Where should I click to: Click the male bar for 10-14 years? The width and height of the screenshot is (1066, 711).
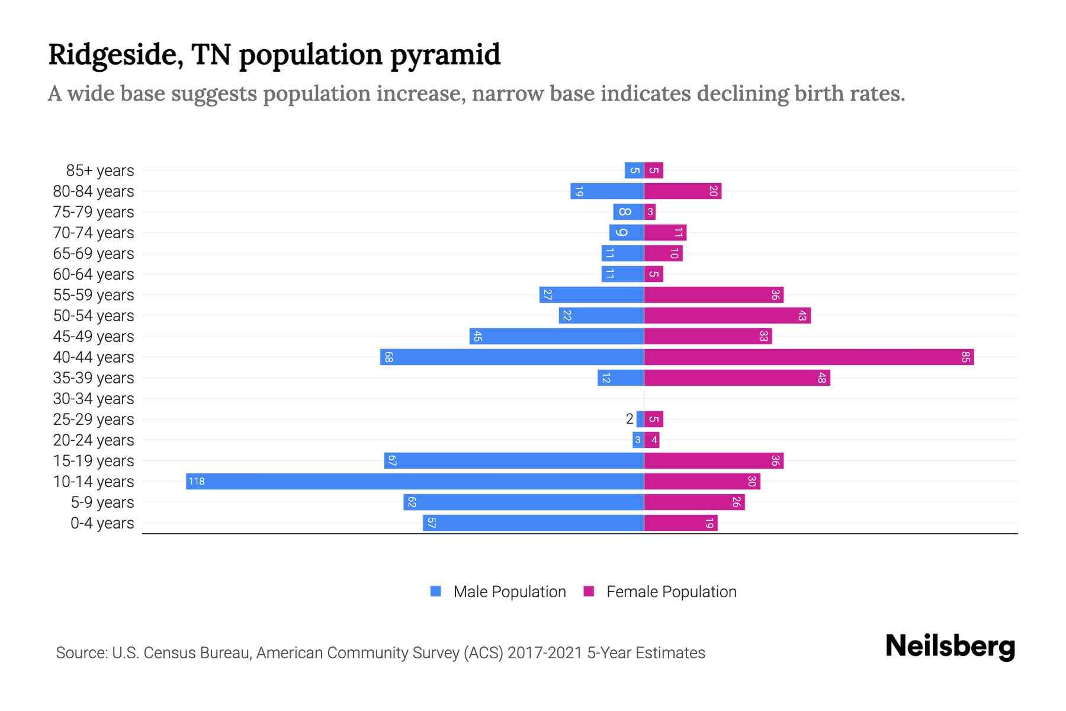click(415, 481)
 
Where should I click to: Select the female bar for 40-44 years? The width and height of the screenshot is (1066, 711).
click(808, 357)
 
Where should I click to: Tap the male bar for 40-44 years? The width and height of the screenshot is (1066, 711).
click(512, 357)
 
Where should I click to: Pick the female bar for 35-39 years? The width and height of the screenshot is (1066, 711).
click(737, 377)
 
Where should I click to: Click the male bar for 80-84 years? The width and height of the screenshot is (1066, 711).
click(607, 191)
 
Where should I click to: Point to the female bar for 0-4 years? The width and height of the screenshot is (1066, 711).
click(680, 523)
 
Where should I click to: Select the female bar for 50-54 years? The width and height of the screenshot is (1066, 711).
click(727, 315)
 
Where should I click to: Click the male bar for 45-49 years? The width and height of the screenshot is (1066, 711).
click(557, 336)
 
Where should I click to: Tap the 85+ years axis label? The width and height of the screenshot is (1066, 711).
click(99, 171)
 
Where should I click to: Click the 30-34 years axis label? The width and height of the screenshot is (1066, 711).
click(94, 399)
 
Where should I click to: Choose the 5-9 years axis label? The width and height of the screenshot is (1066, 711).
click(102, 502)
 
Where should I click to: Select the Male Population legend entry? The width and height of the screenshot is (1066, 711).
click(498, 591)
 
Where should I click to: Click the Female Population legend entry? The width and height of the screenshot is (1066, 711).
click(660, 591)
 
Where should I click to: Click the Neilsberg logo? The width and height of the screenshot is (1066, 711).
click(949, 646)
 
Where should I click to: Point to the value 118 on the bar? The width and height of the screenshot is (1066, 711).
click(197, 481)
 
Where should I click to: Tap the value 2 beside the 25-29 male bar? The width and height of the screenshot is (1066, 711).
click(629, 419)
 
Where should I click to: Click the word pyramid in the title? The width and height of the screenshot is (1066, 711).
click(445, 55)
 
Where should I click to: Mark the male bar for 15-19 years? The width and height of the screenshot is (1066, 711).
click(513, 460)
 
